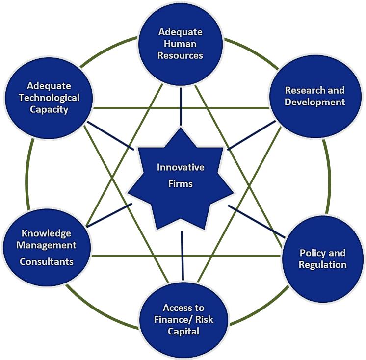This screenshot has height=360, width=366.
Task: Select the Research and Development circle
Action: tap(314, 96)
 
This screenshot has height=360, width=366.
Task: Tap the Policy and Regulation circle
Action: tap(322, 258)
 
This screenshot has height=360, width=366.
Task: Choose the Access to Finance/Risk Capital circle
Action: tap(183, 319)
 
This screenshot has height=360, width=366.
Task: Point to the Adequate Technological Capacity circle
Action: tap(49, 97)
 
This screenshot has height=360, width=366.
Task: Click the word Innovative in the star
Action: tap(181, 167)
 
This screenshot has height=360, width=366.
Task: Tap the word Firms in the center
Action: tap(181, 184)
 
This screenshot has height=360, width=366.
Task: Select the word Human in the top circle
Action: tap(180, 44)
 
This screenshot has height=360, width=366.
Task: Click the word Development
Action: tap(314, 102)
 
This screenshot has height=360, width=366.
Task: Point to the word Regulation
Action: tap(322, 264)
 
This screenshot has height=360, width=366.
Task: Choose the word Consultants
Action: tap(47, 261)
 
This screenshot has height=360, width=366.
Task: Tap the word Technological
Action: tap(49, 97)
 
